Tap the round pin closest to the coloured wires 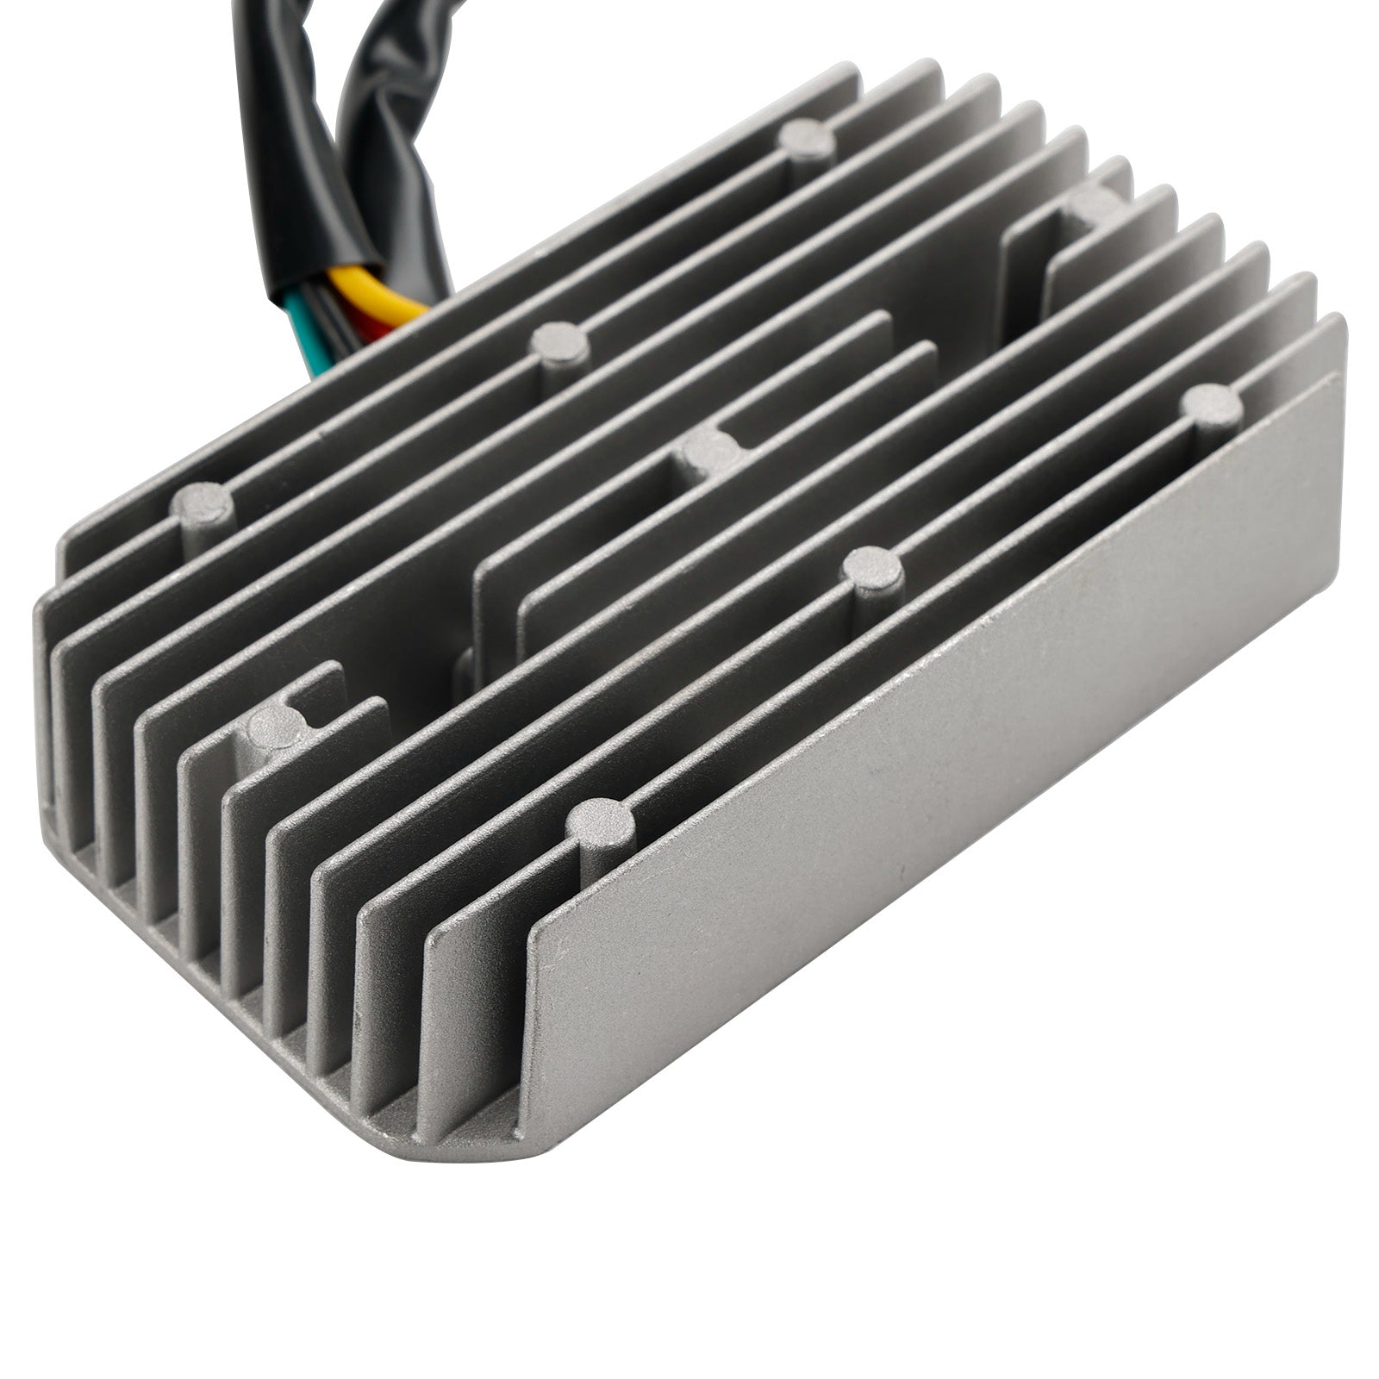click(561, 341)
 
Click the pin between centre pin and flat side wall click(872, 569)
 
